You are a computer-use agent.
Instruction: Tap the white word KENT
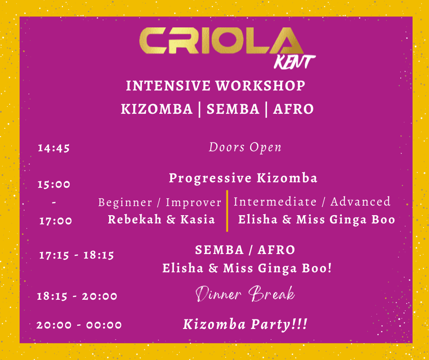tap(295, 62)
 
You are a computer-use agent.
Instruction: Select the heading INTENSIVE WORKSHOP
tap(215, 86)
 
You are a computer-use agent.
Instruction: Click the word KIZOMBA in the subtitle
tap(157, 109)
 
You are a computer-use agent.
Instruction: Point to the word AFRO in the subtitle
tap(293, 109)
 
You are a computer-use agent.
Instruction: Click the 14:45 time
tap(54, 148)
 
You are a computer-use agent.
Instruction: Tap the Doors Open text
tap(245, 148)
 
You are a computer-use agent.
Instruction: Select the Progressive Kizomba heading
tap(243, 178)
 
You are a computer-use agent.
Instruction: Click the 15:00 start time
tap(54, 185)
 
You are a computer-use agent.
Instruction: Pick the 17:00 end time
tap(56, 221)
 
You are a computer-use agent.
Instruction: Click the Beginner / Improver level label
tap(160, 203)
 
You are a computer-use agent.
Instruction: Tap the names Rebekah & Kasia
tap(162, 220)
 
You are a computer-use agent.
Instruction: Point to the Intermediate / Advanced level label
tap(312, 202)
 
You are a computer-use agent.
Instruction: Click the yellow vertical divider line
tap(227, 211)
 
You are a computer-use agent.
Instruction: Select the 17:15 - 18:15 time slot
tap(77, 255)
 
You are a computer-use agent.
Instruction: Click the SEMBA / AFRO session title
tap(245, 250)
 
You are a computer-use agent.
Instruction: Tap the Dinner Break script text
tap(245, 294)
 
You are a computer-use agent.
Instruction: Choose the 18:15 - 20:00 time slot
tap(77, 296)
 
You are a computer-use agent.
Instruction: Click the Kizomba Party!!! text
tap(245, 325)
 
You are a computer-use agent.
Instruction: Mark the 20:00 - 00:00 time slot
tap(79, 325)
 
